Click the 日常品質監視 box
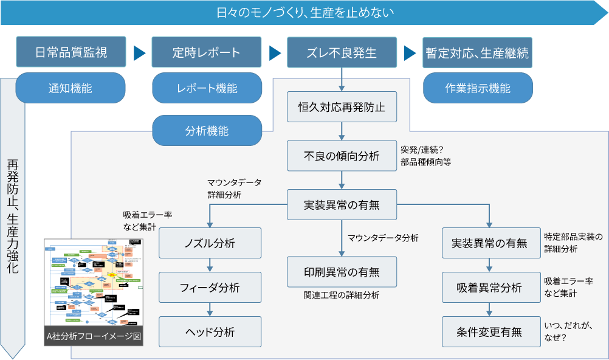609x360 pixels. (71, 53)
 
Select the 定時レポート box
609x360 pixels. (206, 53)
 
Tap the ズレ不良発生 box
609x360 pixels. (342, 53)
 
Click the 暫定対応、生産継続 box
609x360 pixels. (477, 53)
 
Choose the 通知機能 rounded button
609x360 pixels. (71, 88)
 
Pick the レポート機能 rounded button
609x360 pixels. (207, 88)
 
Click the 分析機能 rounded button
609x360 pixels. (207, 130)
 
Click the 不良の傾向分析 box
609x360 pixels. (342, 156)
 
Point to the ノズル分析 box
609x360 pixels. (210, 243)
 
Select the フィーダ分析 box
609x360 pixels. (210, 288)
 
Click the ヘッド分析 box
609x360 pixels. (210, 332)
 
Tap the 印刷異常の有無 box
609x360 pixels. (342, 271)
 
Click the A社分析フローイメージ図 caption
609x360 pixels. (94, 336)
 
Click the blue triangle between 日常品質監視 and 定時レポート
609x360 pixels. (140, 53)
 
